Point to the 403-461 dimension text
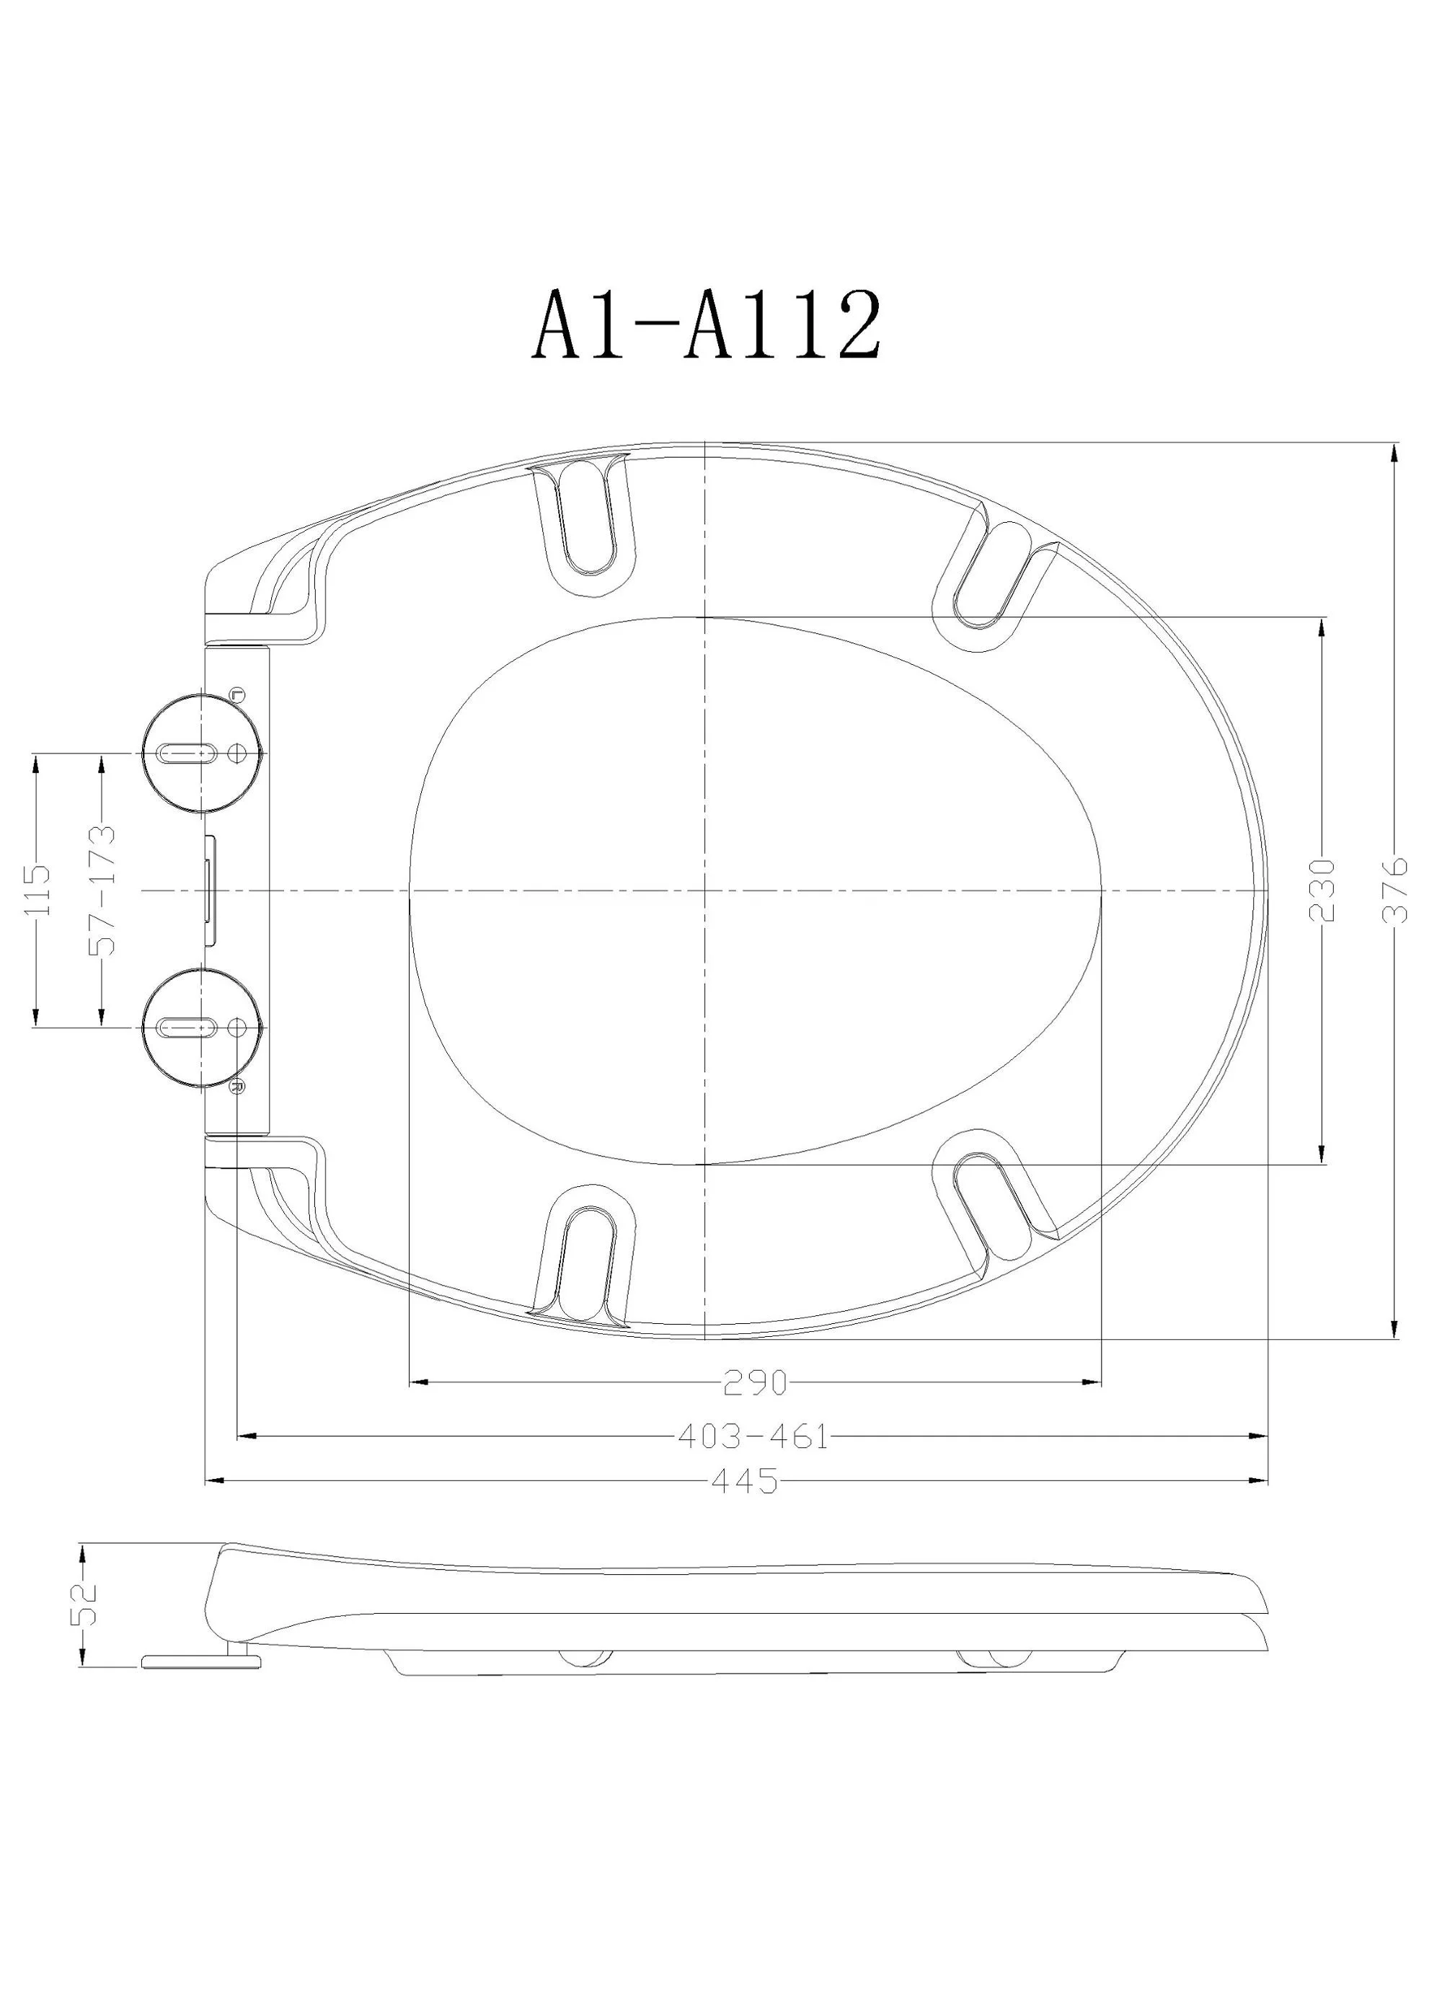[x=754, y=1436]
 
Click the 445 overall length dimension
[x=746, y=1480]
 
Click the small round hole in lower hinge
[x=237, y=1027]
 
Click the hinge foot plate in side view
[x=202, y=1661]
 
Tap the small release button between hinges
[x=209, y=891]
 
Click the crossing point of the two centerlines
[x=704, y=891]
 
